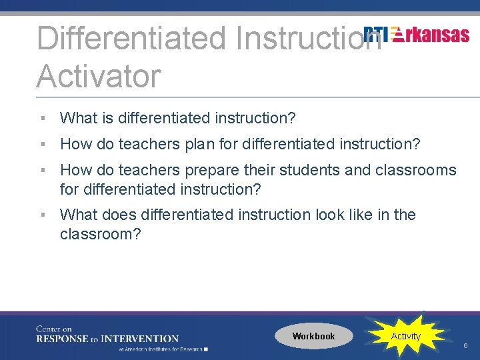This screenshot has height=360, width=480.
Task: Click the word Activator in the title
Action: coord(99,76)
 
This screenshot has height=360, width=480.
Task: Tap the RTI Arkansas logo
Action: coord(417,35)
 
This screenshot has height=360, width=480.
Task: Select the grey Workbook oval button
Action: coord(313,336)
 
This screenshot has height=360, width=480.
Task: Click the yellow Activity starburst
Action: coord(405,336)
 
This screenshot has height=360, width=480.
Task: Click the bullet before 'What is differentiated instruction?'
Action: coord(42,118)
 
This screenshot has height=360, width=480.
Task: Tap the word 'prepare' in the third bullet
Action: coord(217,170)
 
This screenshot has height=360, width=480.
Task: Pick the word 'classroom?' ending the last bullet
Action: coord(100,234)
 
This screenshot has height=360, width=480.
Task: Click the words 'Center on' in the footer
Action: coord(54,329)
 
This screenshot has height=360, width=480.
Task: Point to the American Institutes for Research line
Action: coord(163,349)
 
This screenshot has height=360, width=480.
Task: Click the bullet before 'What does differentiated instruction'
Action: coord(42,215)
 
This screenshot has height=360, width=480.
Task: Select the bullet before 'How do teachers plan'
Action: coord(42,144)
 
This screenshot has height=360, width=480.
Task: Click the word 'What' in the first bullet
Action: coord(77,118)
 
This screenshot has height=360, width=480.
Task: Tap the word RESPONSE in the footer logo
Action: coord(61,339)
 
